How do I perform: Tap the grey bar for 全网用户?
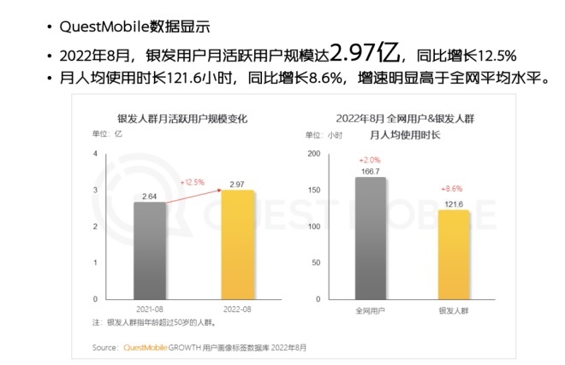click(x=370, y=238)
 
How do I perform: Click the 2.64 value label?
click(x=150, y=196)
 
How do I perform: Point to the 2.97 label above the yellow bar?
click(x=239, y=184)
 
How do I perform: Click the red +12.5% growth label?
click(x=193, y=182)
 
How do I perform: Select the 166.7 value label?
click(x=370, y=171)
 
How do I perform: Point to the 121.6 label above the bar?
click(x=454, y=203)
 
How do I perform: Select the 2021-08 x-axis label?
click(x=150, y=308)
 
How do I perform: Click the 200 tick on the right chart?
click(x=314, y=154)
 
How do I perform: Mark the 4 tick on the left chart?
click(x=97, y=154)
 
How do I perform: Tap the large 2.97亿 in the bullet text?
click(x=367, y=53)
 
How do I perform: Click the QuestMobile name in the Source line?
click(x=149, y=348)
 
